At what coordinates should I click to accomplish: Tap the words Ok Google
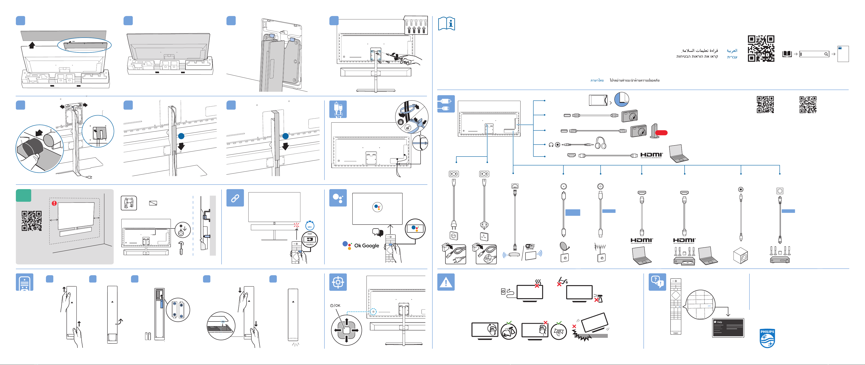[366, 246]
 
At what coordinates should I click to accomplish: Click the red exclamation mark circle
[54, 203]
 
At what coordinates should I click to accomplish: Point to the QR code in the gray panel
[32, 221]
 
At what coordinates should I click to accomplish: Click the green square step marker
[24, 195]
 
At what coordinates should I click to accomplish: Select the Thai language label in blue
[597, 80]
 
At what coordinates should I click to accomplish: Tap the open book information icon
[446, 23]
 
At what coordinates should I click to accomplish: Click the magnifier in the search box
[826, 54]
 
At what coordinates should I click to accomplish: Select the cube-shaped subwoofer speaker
[741, 256]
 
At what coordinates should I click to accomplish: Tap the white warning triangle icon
[446, 282]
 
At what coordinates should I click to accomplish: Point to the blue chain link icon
[235, 198]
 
